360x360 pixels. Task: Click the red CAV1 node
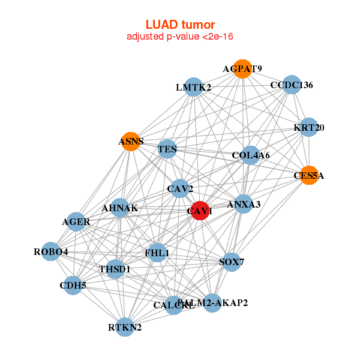click(200, 211)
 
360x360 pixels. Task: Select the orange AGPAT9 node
click(242, 68)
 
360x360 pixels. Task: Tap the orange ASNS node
click(130, 142)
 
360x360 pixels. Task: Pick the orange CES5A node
click(308, 175)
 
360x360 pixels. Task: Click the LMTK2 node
click(193, 87)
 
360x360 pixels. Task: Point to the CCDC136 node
click(291, 85)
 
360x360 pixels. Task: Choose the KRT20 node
click(308, 127)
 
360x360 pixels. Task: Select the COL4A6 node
click(250, 155)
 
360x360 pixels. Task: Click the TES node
click(167, 148)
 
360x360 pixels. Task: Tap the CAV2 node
click(179, 189)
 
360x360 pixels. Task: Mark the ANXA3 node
click(244, 205)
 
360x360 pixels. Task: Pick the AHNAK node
click(120, 208)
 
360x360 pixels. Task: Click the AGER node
click(76, 221)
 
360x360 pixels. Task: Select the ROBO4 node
click(51, 252)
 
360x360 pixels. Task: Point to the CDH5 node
click(73, 285)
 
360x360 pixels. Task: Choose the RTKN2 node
click(125, 327)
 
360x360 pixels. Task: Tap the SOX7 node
click(232, 262)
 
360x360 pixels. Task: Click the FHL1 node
click(157, 253)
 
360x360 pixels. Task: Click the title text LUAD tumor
click(180, 25)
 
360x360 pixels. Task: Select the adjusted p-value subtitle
click(180, 37)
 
